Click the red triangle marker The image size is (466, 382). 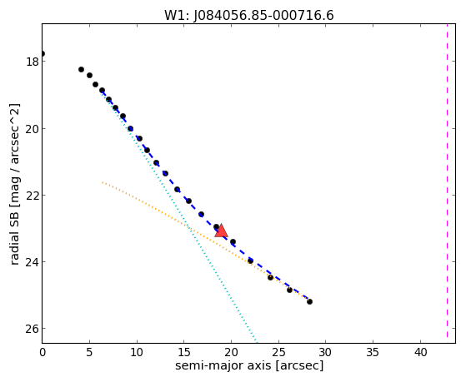click(x=221, y=231)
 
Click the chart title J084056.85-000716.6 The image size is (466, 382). click(x=249, y=16)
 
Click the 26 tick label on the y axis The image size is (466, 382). click(x=31, y=328)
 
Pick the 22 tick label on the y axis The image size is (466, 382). click(x=31, y=195)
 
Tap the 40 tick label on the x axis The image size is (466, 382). click(x=420, y=352)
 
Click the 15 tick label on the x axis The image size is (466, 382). click(x=184, y=352)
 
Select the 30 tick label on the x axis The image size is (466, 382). click(x=326, y=352)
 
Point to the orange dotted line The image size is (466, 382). click(x=206, y=241)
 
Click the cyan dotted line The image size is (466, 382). click(x=179, y=216)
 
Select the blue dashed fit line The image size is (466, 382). click(x=206, y=196)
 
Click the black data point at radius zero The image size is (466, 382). click(x=43, y=54)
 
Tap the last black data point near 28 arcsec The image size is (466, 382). click(x=309, y=301)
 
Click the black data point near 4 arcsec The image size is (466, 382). click(x=81, y=69)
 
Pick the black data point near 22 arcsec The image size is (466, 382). click(x=250, y=260)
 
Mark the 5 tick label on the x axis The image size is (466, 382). click(x=89, y=352)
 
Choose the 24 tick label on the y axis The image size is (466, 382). click(x=31, y=262)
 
